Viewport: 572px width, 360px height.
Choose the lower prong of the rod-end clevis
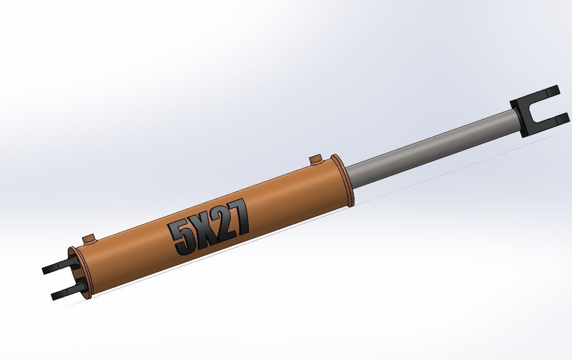tap(549, 122)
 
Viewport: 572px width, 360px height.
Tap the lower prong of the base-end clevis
tap(64, 293)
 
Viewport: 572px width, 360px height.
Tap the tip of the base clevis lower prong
tap(53, 296)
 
